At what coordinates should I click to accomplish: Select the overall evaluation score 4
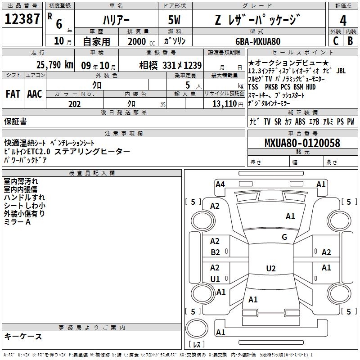[x=343, y=21]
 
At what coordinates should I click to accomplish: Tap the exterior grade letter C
[x=335, y=40]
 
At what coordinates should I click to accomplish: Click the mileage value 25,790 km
[x=54, y=64]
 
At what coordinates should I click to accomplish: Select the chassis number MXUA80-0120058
[x=302, y=143]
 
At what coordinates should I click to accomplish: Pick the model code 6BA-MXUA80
[x=258, y=41]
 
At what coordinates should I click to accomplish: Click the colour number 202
[x=74, y=104]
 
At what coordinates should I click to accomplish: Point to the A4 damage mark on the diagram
[x=220, y=184]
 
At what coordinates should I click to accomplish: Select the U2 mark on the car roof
[x=270, y=269]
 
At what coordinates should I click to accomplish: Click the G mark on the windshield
[x=284, y=237]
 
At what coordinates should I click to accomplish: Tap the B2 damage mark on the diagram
[x=215, y=252]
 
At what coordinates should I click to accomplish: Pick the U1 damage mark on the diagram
[x=215, y=279]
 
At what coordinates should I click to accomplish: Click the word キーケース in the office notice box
[x=23, y=336]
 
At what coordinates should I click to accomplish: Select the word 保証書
[x=15, y=121]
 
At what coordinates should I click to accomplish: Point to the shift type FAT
[x=13, y=94]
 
